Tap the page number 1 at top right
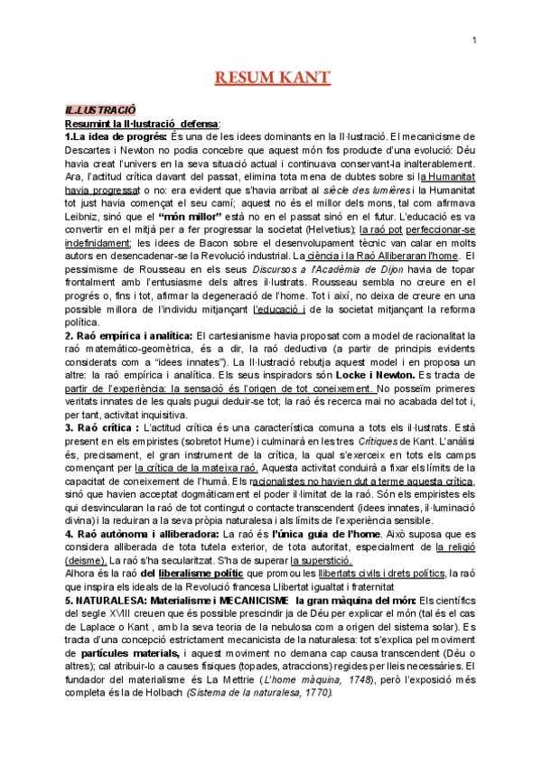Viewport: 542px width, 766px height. [476, 40]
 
